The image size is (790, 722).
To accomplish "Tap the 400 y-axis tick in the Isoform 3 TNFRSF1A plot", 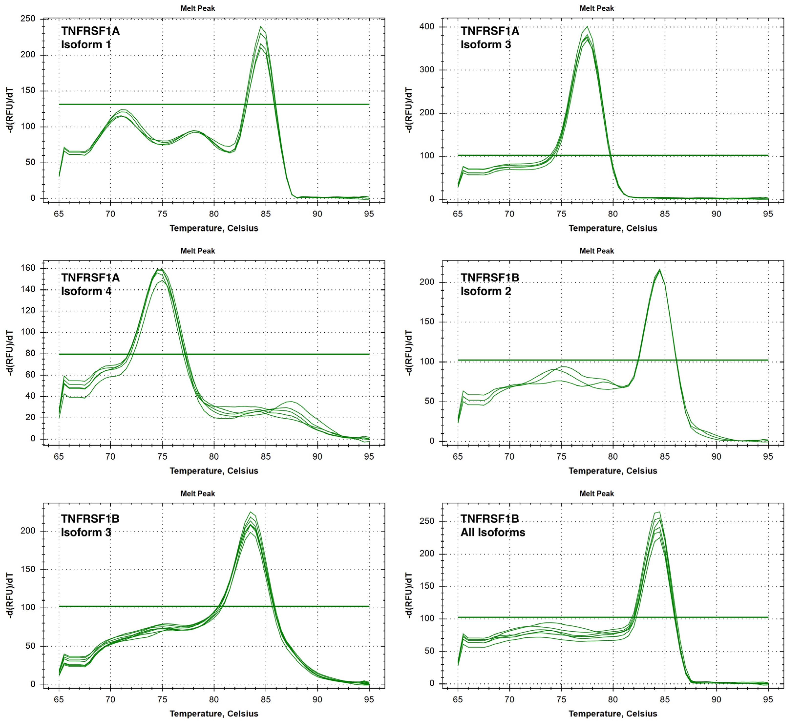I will [426, 27].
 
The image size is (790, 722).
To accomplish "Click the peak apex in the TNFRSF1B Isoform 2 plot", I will [660, 270].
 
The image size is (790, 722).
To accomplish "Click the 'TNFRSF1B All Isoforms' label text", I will [492, 525].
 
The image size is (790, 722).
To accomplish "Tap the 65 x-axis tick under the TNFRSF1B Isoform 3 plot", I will [59, 699].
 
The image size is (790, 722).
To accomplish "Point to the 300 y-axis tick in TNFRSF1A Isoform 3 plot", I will [426, 70].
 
